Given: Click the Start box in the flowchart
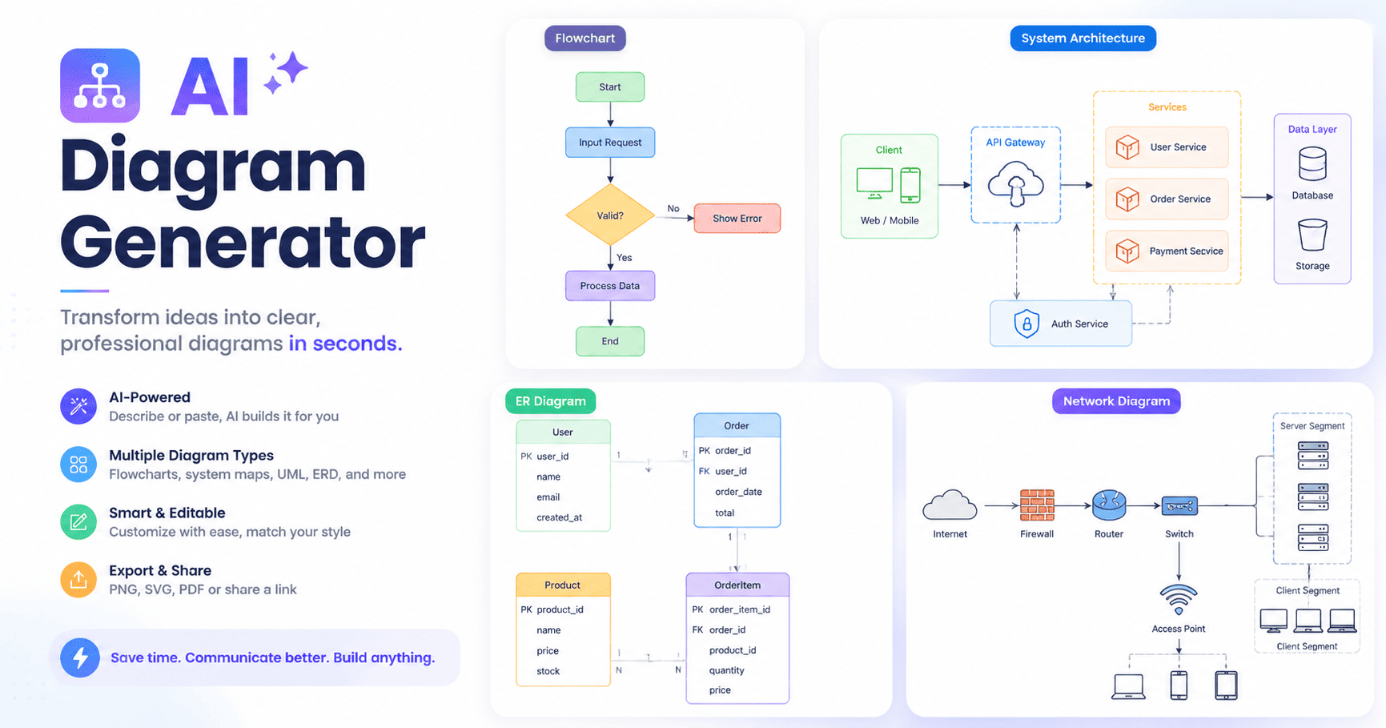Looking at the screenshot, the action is pos(610,87).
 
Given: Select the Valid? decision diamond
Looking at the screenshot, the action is pos(610,215).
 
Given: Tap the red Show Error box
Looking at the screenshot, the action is pos(737,219).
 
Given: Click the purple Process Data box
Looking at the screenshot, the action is pos(610,286).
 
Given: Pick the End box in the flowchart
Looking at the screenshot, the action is pos(610,341).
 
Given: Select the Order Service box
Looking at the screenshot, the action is pos(1167,199).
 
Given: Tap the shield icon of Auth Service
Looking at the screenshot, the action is pos(1026,324).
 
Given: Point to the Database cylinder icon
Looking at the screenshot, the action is pos(1312,164).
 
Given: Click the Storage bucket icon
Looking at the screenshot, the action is pos(1312,235).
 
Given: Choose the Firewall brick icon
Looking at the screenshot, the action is pos(1037,505).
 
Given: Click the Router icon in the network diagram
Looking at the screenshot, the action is pos(1109,505).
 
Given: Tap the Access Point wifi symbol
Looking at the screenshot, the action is pos(1179,599).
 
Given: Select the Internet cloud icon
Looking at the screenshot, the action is pos(950,505).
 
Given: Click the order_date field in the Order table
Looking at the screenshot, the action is pos(738,492).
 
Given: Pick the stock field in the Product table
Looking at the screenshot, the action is pos(548,671).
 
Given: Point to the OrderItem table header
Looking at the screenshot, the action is pos(737,585).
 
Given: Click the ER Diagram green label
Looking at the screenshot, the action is pos(551,401).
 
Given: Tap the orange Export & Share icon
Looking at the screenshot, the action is pos(78,580).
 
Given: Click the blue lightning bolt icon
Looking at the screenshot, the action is pos(80,658).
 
